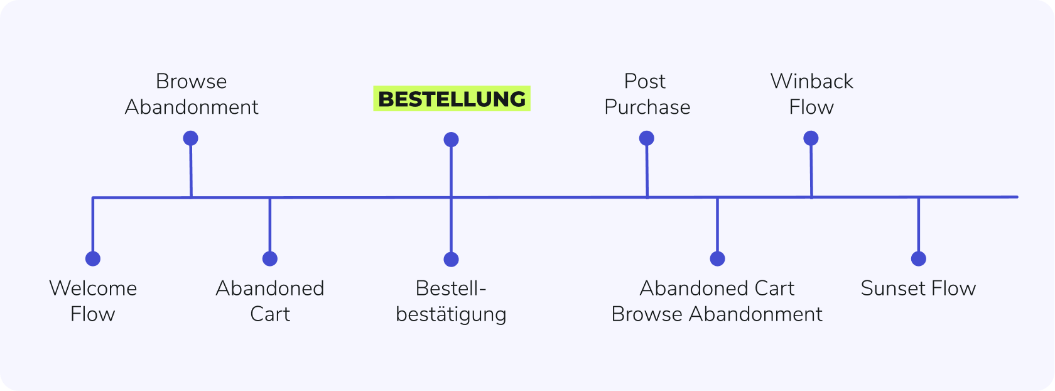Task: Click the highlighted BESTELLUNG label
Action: [x=452, y=99]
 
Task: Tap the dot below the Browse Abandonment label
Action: [x=191, y=138]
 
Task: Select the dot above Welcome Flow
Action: [x=93, y=258]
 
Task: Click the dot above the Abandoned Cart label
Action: [x=270, y=258]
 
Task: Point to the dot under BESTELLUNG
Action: [x=451, y=140]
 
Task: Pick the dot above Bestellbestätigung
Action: [x=451, y=260]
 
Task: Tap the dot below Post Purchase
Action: [x=647, y=138]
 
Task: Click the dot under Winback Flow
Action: [x=811, y=138]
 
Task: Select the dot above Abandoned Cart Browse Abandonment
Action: [x=717, y=258]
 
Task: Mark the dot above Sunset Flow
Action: [x=918, y=258]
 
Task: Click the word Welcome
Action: [x=93, y=288]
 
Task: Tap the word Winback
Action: [x=811, y=81]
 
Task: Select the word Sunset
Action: [x=889, y=288]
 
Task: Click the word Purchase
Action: [x=647, y=107]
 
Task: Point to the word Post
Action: [x=645, y=81]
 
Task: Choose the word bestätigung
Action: [x=451, y=314]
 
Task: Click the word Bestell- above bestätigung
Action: [x=451, y=288]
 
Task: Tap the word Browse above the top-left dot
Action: [x=191, y=81]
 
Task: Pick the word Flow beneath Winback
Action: [x=811, y=107]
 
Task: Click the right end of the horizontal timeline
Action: [x=1017, y=197]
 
